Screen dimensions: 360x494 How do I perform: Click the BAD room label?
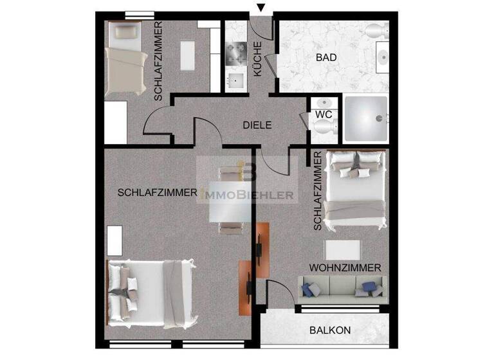click(x=327, y=57)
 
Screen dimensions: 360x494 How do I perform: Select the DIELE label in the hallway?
click(x=257, y=125)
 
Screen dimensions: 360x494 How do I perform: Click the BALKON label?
click(x=330, y=330)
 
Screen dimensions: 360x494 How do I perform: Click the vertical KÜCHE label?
click(x=257, y=59)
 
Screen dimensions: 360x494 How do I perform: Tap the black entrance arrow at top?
click(x=260, y=8)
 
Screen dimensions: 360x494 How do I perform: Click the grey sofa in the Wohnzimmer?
click(x=340, y=287)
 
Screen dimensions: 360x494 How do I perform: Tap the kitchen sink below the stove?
click(x=236, y=80)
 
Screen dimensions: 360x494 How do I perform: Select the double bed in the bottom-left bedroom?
click(x=151, y=290)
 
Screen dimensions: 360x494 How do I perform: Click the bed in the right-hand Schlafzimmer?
click(x=356, y=191)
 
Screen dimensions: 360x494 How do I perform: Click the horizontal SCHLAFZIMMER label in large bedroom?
click(x=157, y=192)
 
